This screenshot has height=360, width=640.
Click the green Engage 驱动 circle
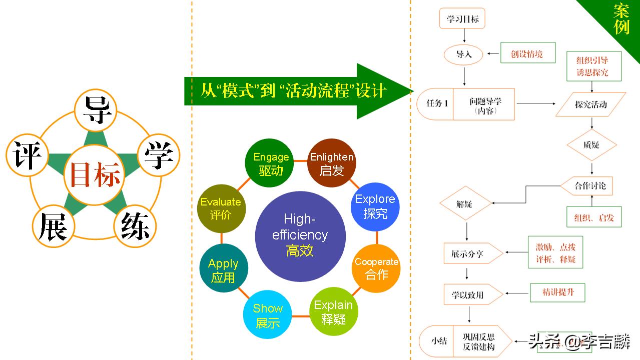click(271, 163)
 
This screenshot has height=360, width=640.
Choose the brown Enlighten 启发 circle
click(331, 163)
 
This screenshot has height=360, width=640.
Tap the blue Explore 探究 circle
click(375, 206)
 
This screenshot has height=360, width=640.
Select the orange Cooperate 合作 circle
click(376, 268)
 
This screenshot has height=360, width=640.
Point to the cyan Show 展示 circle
click(268, 315)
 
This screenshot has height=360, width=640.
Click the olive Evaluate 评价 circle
click(221, 208)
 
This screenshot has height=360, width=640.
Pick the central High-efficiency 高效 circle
click(300, 235)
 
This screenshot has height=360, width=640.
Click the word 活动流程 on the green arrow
click(320, 90)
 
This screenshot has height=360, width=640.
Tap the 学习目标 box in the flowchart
click(462, 19)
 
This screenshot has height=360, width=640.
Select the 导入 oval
click(464, 54)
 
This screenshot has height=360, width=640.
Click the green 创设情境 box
click(527, 53)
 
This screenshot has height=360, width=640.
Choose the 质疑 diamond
click(591, 145)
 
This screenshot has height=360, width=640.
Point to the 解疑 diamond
click(464, 204)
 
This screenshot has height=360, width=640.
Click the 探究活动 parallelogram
click(591, 104)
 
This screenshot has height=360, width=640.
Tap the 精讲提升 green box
click(557, 292)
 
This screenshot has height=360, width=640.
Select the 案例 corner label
click(621, 19)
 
